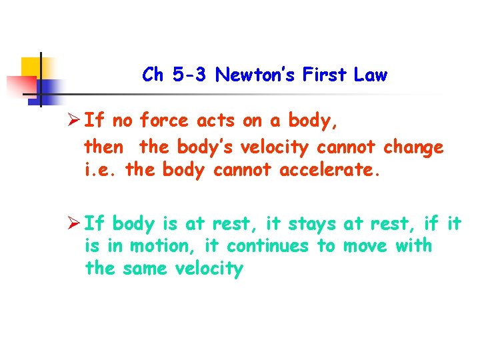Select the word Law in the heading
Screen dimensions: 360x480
371,75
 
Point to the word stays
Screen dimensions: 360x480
313,223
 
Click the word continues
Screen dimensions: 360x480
268,246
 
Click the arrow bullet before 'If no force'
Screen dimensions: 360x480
75,121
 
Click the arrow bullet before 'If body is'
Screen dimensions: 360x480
75,223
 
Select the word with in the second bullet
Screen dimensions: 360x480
414,246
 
